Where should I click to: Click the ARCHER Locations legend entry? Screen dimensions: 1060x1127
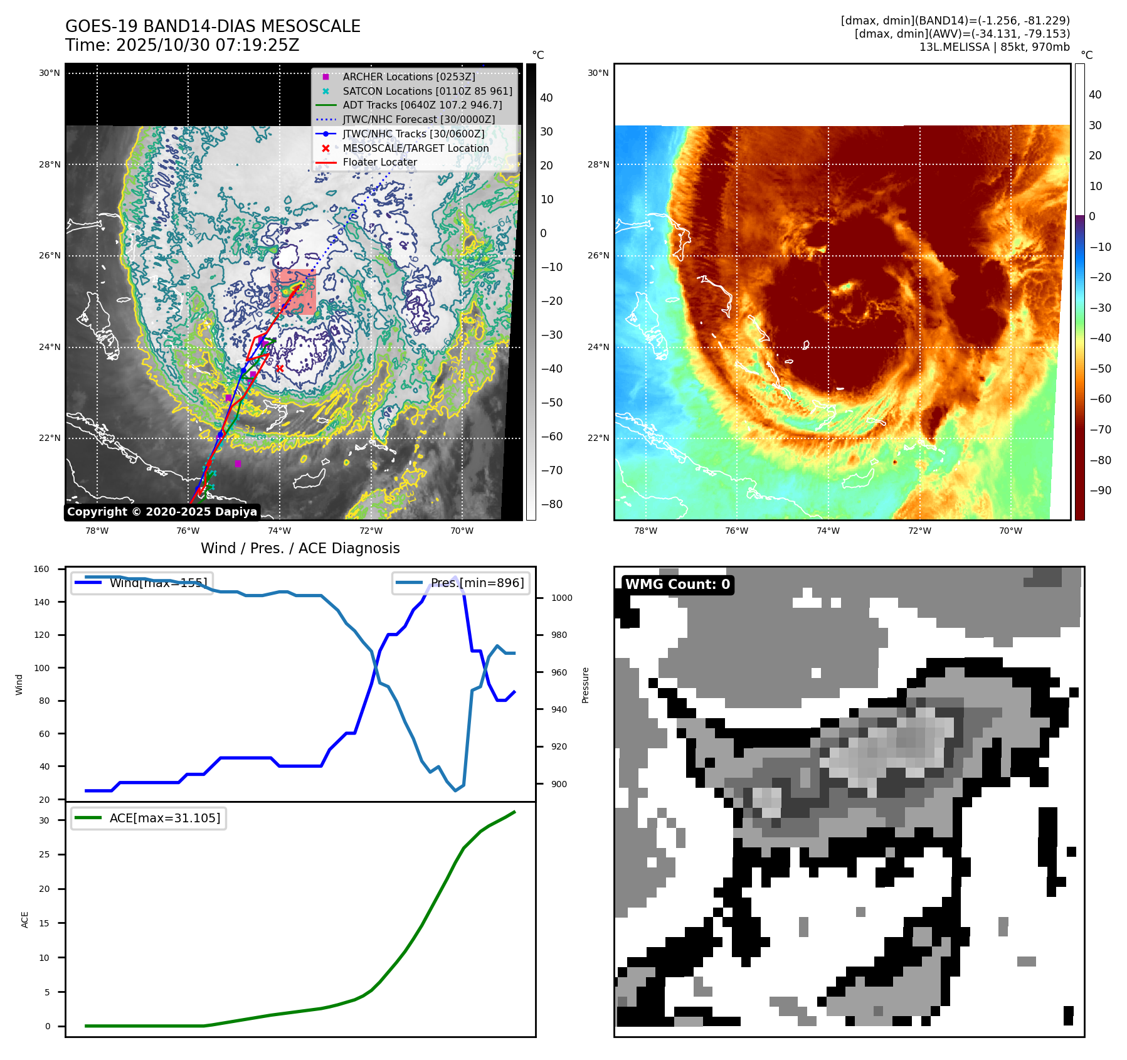click(408, 77)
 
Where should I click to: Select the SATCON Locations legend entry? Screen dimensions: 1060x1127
click(427, 91)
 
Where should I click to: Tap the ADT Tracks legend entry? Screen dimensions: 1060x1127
click(422, 105)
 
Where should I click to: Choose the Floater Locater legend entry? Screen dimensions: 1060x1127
click(379, 162)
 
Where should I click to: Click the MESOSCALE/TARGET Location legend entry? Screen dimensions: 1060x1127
click(415, 148)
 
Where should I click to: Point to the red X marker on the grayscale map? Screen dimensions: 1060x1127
click(280, 368)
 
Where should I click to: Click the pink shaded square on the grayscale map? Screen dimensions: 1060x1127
click(293, 292)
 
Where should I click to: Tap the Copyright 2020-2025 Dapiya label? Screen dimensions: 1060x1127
click(162, 512)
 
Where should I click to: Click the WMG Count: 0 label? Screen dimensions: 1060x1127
click(677, 585)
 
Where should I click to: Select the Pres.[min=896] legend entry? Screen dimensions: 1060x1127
click(477, 583)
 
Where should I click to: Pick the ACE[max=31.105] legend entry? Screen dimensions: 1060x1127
click(164, 818)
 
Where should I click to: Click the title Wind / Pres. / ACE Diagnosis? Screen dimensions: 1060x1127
click(300, 548)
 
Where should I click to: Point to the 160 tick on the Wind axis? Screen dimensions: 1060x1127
click(41, 570)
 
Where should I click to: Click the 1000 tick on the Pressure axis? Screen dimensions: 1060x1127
click(561, 598)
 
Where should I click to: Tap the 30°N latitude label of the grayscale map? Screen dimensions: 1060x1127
click(50, 73)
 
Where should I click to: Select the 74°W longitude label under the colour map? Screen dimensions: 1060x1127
click(828, 531)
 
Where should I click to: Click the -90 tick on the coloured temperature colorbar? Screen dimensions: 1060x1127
click(1101, 490)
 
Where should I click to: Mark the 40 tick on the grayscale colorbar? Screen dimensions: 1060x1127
click(546, 98)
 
